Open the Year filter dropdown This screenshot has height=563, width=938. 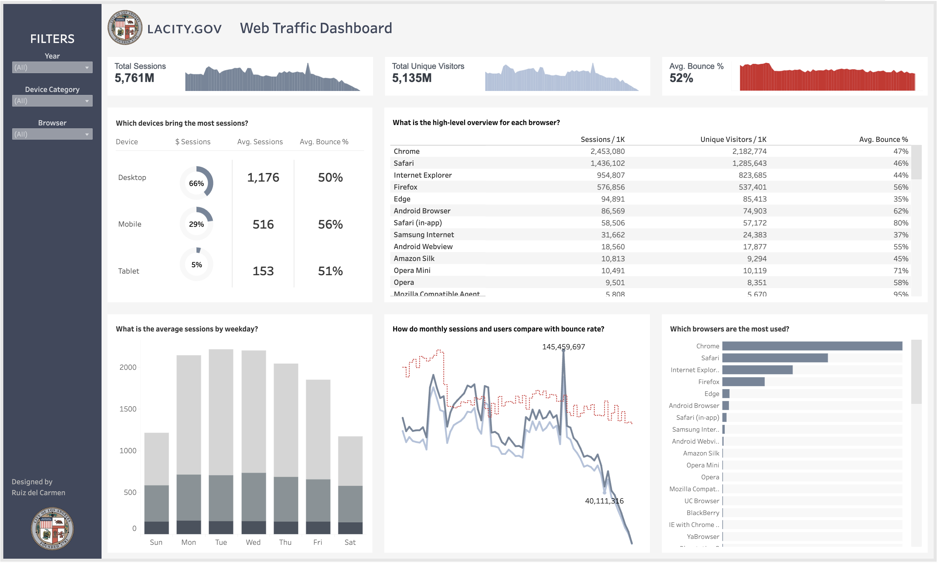click(52, 67)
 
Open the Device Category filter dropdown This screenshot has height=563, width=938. click(52, 101)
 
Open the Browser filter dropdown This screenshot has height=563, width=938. click(52, 134)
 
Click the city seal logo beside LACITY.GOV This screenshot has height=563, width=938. click(125, 28)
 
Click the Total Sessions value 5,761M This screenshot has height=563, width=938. click(134, 78)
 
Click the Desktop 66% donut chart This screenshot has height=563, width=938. click(196, 183)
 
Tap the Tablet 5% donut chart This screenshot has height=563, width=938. click(196, 264)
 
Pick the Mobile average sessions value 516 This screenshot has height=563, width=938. click(263, 224)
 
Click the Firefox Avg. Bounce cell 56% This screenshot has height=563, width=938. click(900, 187)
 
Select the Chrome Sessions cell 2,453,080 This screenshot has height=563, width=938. click(607, 152)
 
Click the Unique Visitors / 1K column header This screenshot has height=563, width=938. click(733, 139)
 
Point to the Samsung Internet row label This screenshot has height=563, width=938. click(424, 235)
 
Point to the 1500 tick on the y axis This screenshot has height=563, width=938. click(128, 409)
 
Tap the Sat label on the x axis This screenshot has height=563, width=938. click(350, 542)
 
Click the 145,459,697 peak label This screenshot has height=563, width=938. click(563, 347)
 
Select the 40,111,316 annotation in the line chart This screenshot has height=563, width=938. click(604, 501)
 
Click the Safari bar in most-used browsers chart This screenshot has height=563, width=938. click(775, 358)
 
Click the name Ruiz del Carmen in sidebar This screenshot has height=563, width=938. click(38, 493)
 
